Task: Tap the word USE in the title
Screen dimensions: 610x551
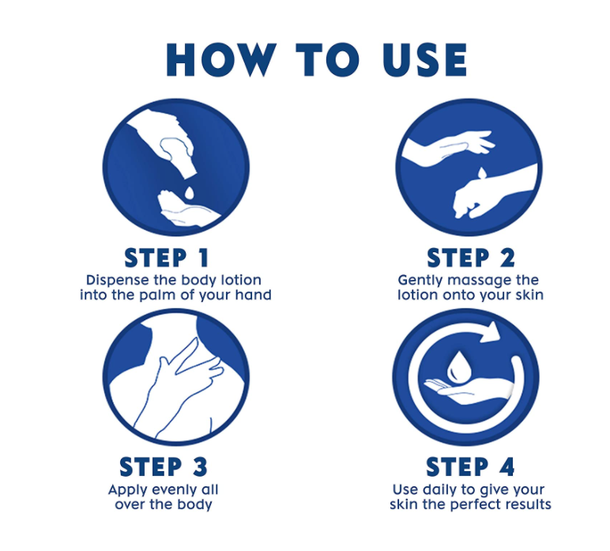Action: point(424,59)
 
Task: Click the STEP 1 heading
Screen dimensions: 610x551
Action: point(167,258)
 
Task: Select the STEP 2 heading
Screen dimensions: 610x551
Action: point(471,258)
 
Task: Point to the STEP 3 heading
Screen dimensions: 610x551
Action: point(164,466)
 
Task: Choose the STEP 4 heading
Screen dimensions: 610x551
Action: point(470,466)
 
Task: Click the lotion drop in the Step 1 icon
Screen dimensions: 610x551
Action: point(189,193)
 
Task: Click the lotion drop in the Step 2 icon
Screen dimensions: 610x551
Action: point(482,173)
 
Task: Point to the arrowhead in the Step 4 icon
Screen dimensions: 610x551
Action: point(490,332)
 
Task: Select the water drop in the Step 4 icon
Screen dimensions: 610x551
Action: point(458,367)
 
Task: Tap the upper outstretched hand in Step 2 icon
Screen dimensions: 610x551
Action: point(447,147)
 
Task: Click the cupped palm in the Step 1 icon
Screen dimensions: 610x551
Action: point(186,208)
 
